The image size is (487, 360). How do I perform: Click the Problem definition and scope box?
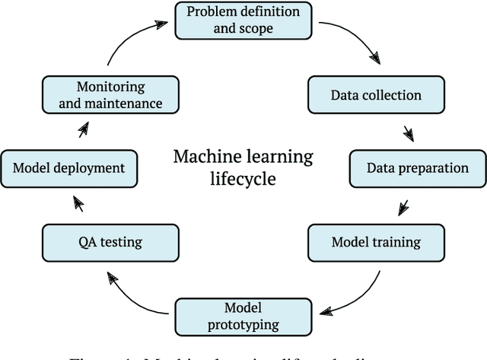pos(243,21)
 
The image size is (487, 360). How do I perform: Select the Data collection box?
pos(375,95)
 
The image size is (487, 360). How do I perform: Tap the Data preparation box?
pos(418,168)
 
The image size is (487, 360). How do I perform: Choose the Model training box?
pos(375,243)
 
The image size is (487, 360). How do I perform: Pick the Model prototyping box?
pos(243,317)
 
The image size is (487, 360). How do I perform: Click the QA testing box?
pos(111,243)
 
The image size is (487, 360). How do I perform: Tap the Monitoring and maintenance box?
pos(112,94)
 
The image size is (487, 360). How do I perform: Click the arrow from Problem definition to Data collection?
pos(352,42)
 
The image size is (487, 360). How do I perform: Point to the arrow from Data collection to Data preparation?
pos(409,132)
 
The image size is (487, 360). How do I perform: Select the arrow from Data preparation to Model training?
pos(403,205)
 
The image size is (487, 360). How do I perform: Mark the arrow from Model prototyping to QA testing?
pos(137,293)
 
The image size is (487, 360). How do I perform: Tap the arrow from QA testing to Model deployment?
pos(78,204)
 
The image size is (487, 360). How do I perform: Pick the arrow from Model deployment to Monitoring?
pos(83,131)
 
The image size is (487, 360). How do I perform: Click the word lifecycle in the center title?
pos(243,180)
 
